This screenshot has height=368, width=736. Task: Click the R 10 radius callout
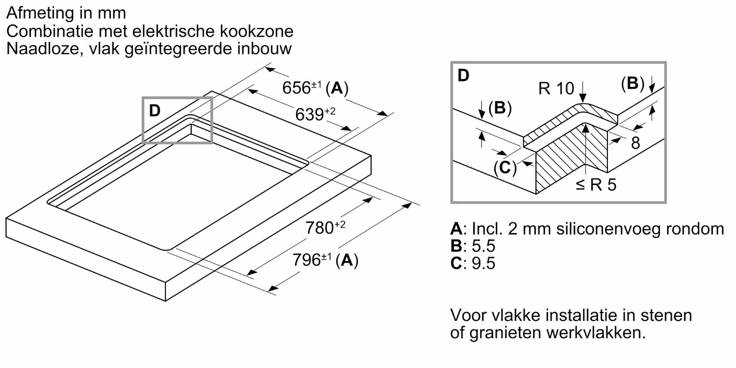(556, 88)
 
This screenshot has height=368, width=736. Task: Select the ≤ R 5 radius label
(596, 185)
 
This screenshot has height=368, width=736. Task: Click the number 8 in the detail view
(635, 143)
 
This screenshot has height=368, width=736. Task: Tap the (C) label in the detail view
(505, 168)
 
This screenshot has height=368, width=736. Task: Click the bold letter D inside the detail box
(463, 76)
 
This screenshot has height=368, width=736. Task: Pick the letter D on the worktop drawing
(155, 111)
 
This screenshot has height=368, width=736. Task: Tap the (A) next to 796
(347, 260)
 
